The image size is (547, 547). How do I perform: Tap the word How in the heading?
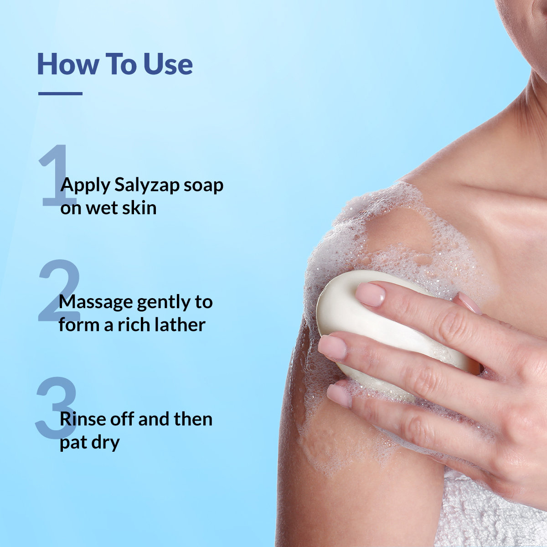pos(67,64)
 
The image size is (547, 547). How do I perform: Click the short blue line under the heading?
pos(60,93)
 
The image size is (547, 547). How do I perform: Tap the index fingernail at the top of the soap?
pos(370,294)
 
